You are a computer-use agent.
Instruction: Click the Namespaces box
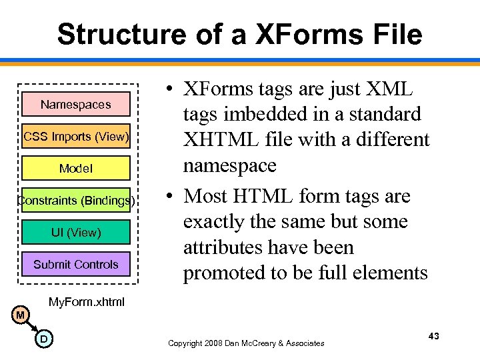coord(75,105)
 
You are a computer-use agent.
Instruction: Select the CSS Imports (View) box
coord(75,137)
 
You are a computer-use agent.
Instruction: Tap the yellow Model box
coord(75,169)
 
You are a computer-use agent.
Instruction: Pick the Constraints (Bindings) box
coord(75,200)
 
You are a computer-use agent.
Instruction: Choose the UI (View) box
coord(75,232)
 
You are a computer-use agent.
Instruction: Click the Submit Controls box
coord(75,264)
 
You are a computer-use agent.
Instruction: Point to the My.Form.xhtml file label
coord(87,302)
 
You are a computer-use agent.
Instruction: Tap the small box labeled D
coord(43,339)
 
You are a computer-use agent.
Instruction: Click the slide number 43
coord(433,336)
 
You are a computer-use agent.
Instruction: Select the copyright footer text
coord(246,343)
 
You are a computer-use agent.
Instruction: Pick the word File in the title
coord(397,34)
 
